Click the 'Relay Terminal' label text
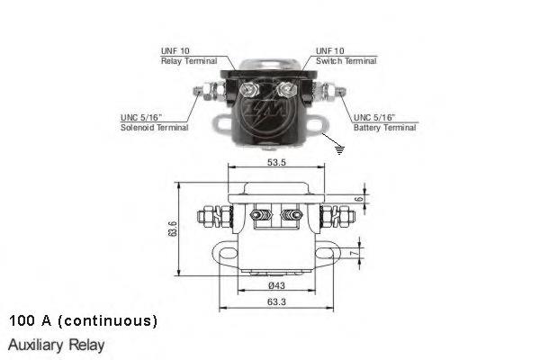pyautogui.click(x=189, y=61)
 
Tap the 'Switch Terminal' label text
pyautogui.click(x=346, y=61)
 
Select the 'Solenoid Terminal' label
pyautogui.click(x=154, y=128)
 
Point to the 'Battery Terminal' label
pyautogui.click(x=385, y=128)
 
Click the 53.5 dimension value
pyautogui.click(x=276, y=162)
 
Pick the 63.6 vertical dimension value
pyautogui.click(x=173, y=229)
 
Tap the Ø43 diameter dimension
pyautogui.click(x=276, y=285)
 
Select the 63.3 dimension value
pyautogui.click(x=276, y=302)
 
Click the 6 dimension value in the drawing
pyautogui.click(x=359, y=199)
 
